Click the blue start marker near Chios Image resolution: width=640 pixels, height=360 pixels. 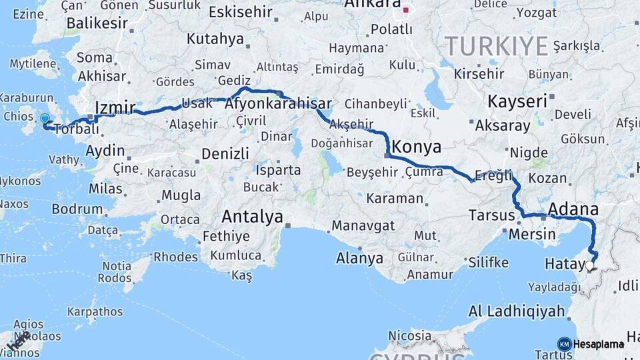tap(45, 119)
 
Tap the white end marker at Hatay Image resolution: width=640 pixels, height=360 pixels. tap(589, 265)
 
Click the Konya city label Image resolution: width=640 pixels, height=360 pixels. tap(417, 146)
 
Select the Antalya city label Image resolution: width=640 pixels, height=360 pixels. tap(252, 217)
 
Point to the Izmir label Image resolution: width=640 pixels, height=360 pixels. tap(115, 108)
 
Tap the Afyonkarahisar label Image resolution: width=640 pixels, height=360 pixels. tap(278, 104)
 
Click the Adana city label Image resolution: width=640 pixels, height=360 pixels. tap(573, 211)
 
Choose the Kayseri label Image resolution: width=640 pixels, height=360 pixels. tap(517, 101)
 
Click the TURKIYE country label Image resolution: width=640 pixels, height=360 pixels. tap(496, 46)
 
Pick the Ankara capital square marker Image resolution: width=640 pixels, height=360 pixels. tap(405, 10)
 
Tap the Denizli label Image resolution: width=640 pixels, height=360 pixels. tap(225, 153)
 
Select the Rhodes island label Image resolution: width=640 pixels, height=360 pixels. tap(175, 257)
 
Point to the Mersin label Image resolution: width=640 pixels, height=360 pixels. tap(531, 234)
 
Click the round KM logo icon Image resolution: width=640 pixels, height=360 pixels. tap(564, 344)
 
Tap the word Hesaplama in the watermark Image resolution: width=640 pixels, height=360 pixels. tap(600, 344)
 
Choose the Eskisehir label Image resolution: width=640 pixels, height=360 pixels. tap(240, 12)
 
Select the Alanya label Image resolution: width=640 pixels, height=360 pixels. tap(359, 258)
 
